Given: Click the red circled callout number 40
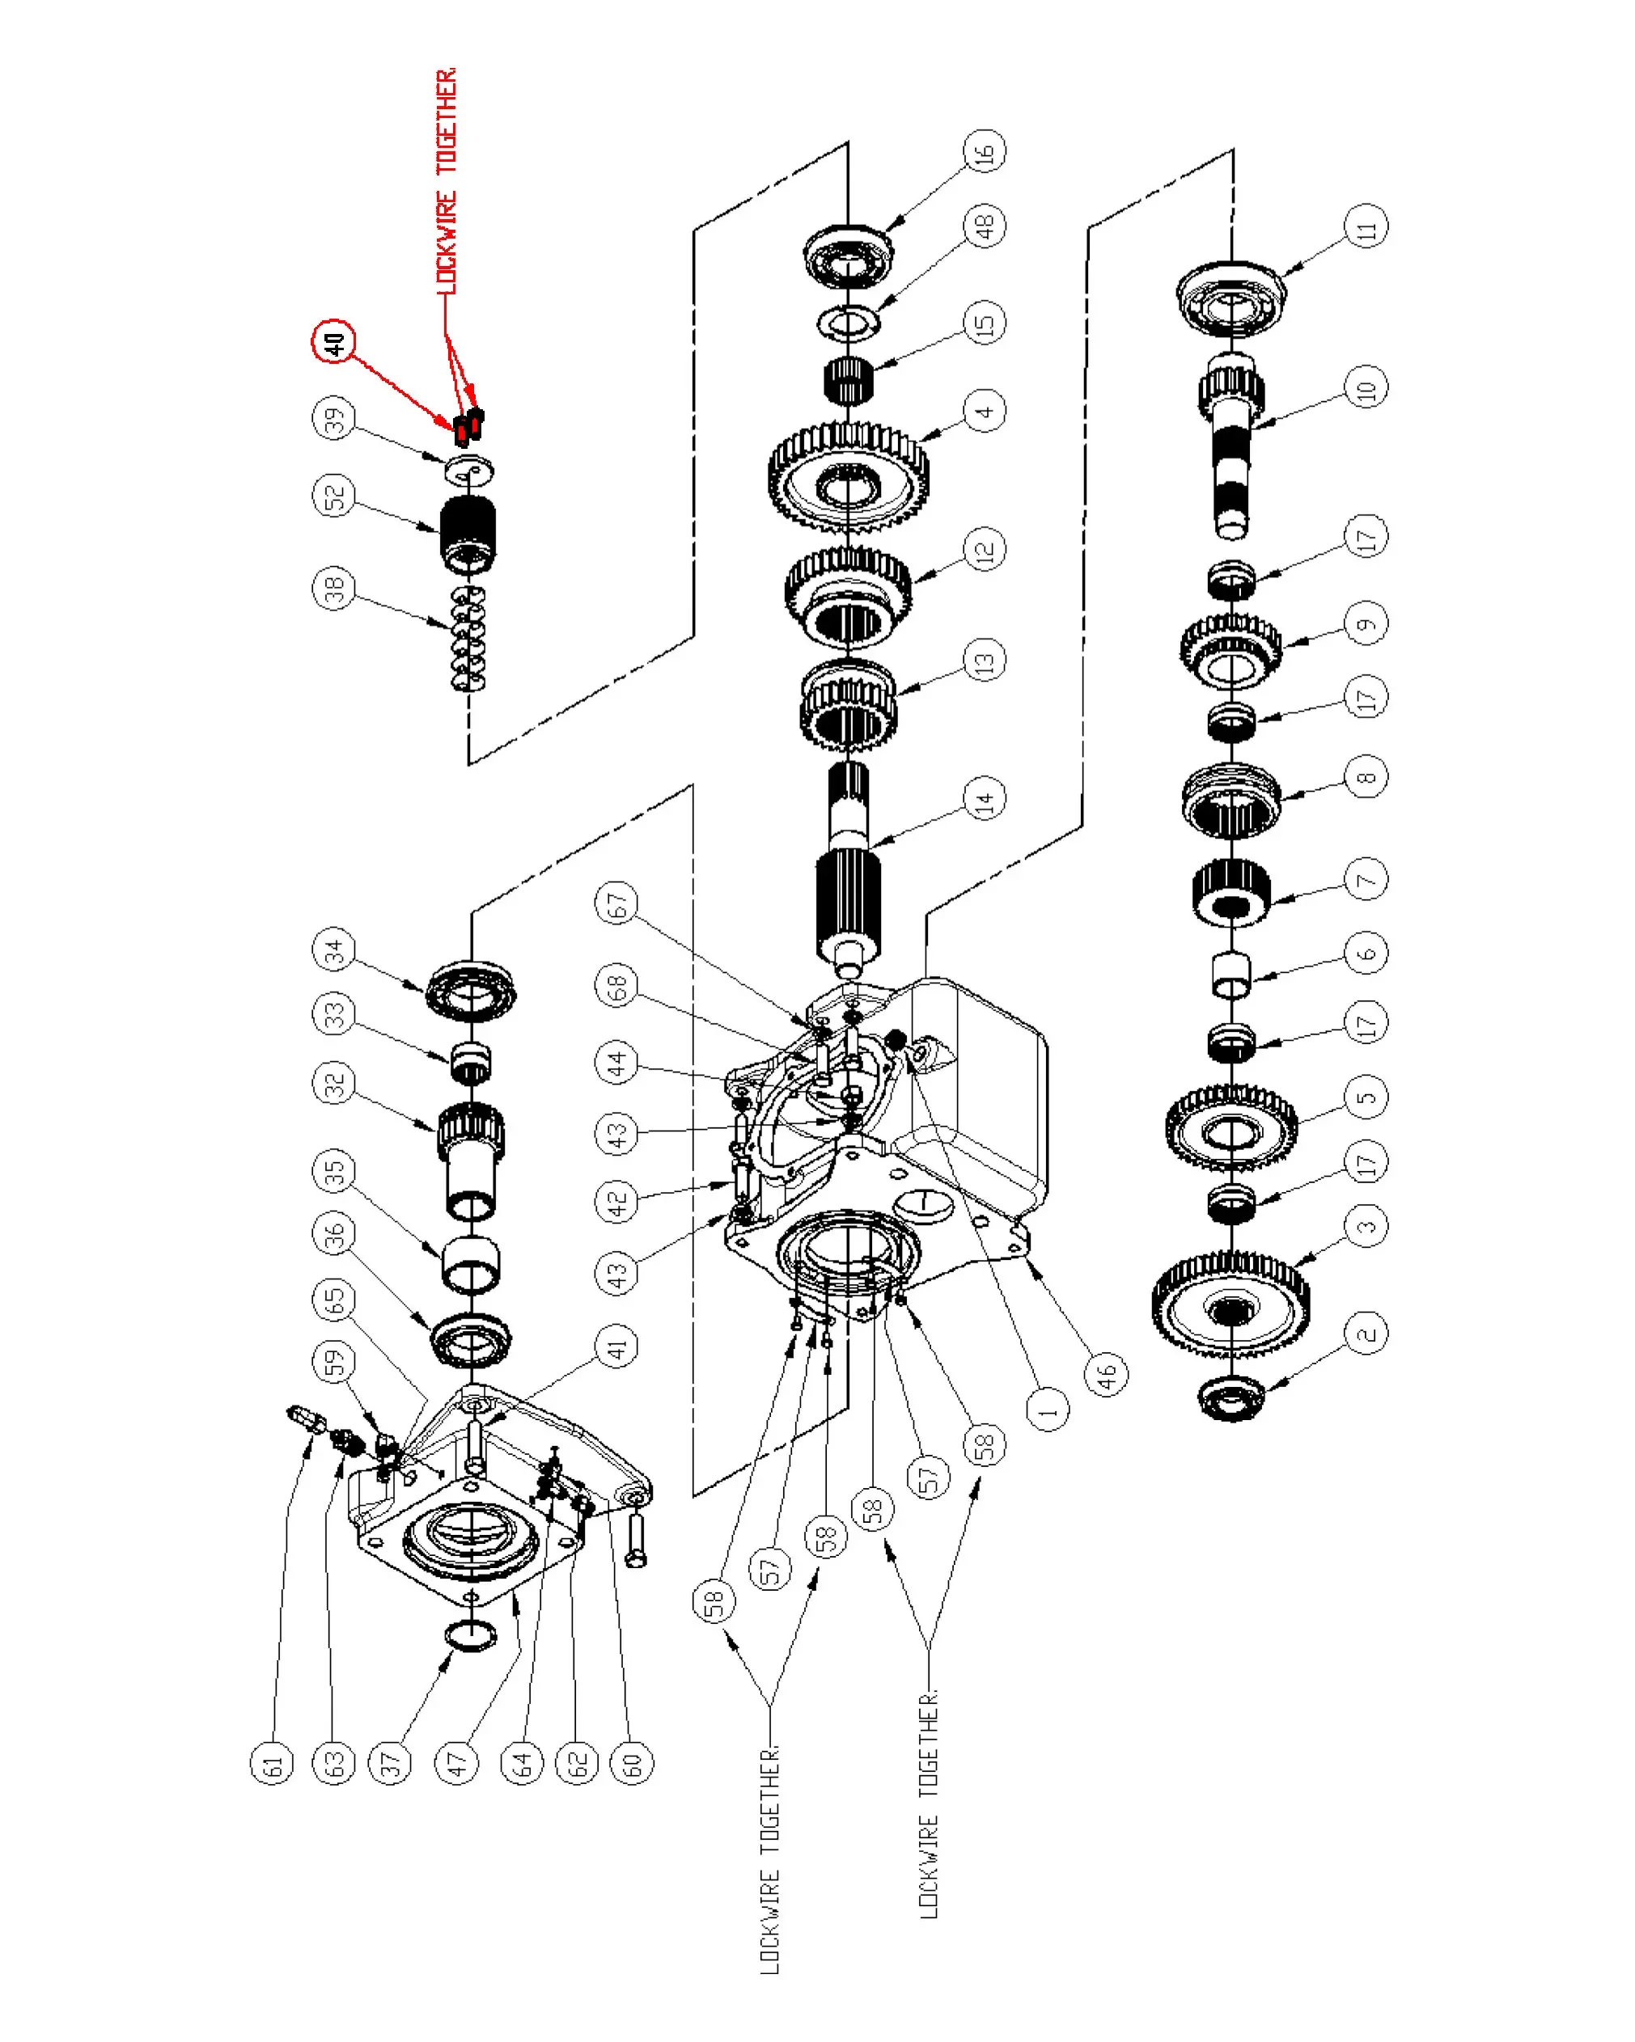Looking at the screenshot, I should (x=333, y=342).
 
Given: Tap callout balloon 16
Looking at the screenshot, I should (x=985, y=150).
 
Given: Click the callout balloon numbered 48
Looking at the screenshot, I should (x=985, y=226).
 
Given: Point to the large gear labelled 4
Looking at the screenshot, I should (x=848, y=478).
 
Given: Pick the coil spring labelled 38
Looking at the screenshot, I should (x=468, y=638).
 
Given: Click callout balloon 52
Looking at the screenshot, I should (x=333, y=496).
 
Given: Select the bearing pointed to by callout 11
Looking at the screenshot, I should (x=1230, y=298).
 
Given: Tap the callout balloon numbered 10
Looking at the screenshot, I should (x=1366, y=387).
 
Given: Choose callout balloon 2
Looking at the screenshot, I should (x=1366, y=1334).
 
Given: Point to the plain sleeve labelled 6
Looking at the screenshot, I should (x=1230, y=974).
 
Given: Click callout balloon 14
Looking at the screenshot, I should (x=985, y=798).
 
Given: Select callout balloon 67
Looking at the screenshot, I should (x=616, y=903).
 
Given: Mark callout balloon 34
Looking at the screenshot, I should (x=333, y=949).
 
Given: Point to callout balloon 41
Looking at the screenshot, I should (x=616, y=1346).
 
